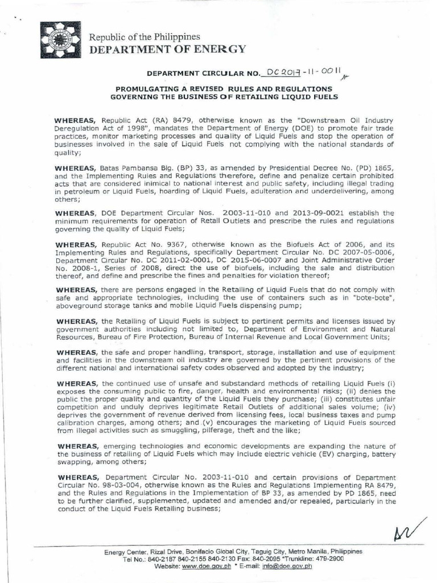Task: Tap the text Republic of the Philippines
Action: [143, 37]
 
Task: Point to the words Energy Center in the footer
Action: [125, 552]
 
